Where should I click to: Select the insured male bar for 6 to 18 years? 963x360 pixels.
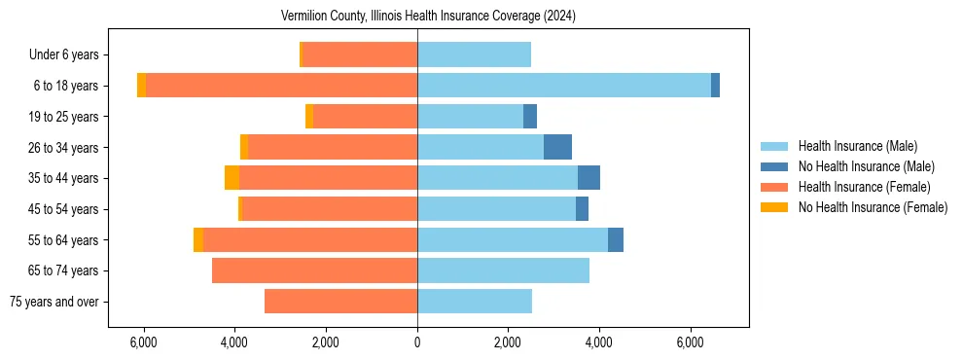pos(564,86)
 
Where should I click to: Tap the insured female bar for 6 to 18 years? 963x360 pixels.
pos(282,86)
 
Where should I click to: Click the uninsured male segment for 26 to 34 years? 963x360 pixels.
pos(557,147)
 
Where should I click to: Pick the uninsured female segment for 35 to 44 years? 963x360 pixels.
pos(232,178)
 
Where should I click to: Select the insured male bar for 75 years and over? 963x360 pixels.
pos(475,302)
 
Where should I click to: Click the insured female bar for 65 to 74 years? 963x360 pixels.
pos(314,270)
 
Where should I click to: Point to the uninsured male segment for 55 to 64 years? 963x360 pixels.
pos(616,239)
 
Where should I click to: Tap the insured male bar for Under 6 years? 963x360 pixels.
pos(474,54)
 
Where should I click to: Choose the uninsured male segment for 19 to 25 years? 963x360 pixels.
pos(530,117)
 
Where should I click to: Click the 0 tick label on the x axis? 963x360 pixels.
pos(417,342)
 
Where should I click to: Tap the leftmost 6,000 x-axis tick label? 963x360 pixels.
pos(143,342)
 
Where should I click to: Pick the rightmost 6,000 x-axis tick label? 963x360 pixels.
pos(691,342)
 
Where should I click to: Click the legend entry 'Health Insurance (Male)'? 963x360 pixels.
pos(857,146)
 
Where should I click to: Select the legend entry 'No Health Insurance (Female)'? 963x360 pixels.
pos(873,207)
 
